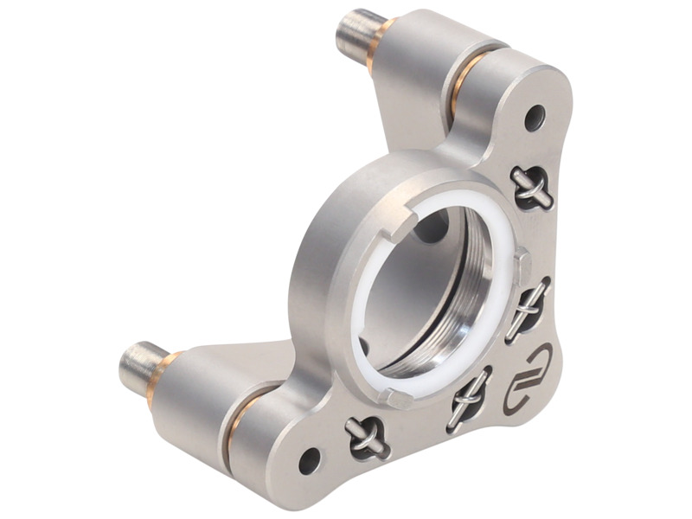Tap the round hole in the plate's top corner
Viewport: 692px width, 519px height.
point(535,113)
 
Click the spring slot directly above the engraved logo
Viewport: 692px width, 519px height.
point(528,309)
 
